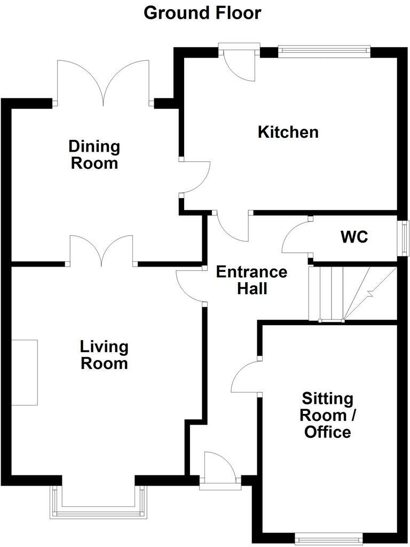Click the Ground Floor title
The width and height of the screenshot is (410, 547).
pyautogui.click(x=203, y=13)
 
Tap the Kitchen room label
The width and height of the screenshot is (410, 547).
pyautogui.click(x=288, y=132)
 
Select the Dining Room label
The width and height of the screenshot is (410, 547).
pyautogui.click(x=94, y=154)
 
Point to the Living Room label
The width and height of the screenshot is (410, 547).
pyautogui.click(x=104, y=355)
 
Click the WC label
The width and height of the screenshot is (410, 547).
pyautogui.click(x=355, y=237)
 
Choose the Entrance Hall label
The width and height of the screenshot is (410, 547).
pyautogui.click(x=251, y=280)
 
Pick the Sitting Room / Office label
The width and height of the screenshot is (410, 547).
pyautogui.click(x=327, y=415)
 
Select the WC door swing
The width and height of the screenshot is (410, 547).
pyautogui.click(x=295, y=238)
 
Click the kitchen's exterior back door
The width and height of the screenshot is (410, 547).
pyautogui.click(x=239, y=64)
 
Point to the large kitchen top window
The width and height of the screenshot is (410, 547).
pyautogui.click(x=324, y=51)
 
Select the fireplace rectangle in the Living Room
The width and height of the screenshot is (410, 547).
pyautogui.click(x=25, y=372)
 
